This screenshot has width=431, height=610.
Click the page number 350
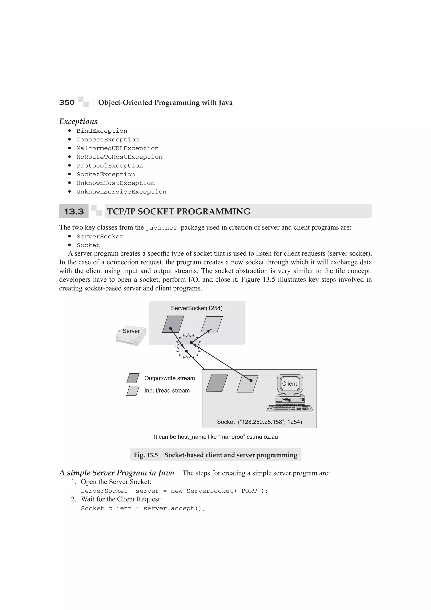click(x=67, y=103)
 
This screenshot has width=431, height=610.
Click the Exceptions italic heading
click(x=78, y=121)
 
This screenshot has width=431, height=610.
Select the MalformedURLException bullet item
click(x=117, y=148)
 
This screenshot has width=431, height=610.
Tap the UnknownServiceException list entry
click(x=121, y=192)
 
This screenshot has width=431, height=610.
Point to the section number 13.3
click(x=74, y=212)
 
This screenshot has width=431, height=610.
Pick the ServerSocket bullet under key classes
click(x=100, y=236)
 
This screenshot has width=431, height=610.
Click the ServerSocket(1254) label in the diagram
click(x=197, y=308)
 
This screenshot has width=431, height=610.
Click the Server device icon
click(x=131, y=335)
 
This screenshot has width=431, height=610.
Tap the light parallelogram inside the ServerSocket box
click(x=211, y=324)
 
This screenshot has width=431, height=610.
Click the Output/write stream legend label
click(x=169, y=378)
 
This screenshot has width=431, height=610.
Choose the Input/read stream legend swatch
click(x=133, y=391)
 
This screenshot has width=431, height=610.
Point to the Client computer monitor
click(x=290, y=384)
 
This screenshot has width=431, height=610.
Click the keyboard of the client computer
click(x=289, y=408)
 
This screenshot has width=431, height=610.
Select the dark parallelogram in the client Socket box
click(x=217, y=383)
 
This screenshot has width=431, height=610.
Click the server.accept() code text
click(x=174, y=509)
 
